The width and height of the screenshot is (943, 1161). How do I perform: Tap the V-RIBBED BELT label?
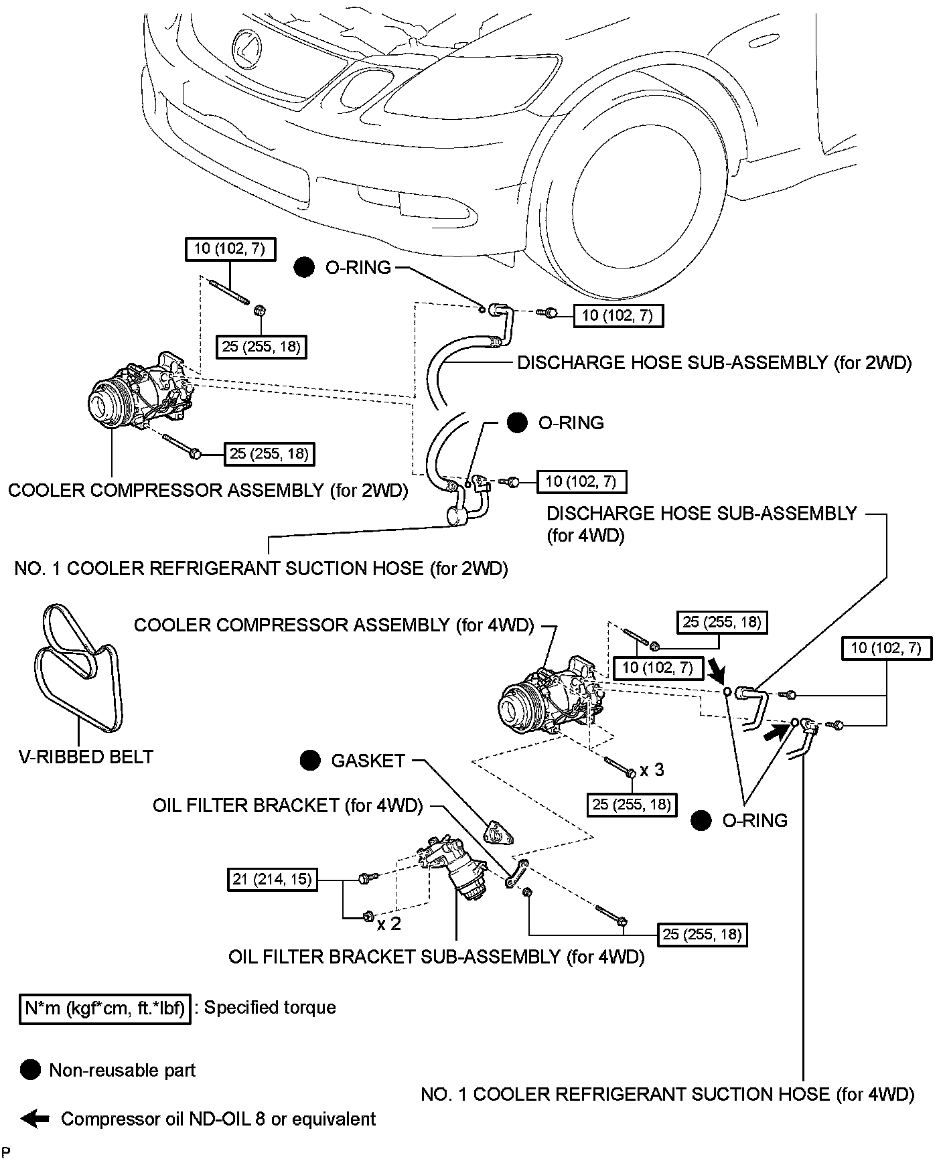coord(86,757)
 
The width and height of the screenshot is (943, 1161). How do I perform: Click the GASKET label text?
coord(368,761)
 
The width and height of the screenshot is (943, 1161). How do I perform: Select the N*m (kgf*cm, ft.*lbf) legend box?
coord(104,1008)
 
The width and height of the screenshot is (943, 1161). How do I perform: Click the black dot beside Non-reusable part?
coord(30,1070)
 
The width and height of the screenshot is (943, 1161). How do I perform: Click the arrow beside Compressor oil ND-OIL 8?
coord(35,1118)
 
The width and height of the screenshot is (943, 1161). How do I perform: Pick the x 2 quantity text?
coord(388,924)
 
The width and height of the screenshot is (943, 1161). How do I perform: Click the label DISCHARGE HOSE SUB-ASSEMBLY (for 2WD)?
coord(715,363)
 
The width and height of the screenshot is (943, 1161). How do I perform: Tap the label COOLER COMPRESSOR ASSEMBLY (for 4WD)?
coord(334,625)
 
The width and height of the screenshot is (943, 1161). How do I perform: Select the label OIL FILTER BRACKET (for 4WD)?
coord(288,805)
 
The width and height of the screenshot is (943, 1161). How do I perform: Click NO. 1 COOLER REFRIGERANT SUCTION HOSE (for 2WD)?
coord(261,568)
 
